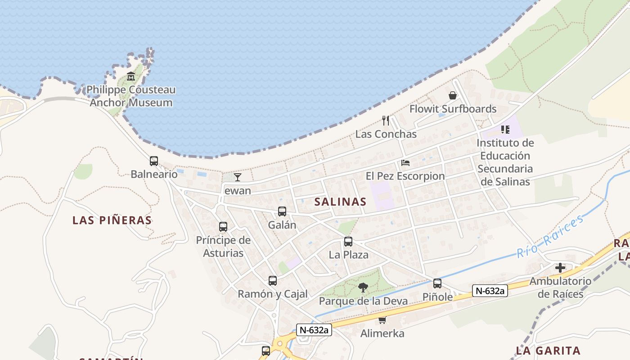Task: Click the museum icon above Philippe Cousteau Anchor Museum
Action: (x=131, y=76)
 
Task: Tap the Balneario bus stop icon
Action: (x=154, y=161)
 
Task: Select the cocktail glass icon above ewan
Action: (x=238, y=177)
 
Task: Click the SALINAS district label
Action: (x=340, y=202)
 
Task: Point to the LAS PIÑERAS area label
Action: (x=112, y=220)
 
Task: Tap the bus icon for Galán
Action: (x=282, y=211)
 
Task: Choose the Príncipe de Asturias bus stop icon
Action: (x=223, y=227)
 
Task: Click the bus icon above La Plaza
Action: (x=348, y=242)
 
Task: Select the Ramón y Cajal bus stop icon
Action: (x=273, y=281)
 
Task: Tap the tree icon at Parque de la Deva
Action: (x=363, y=288)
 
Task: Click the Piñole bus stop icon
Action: (x=437, y=283)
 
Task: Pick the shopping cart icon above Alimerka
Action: (x=382, y=320)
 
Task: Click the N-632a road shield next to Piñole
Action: (x=490, y=291)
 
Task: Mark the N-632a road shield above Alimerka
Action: (x=314, y=330)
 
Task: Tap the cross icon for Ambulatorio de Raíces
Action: (x=560, y=268)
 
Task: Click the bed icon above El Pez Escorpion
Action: (x=405, y=163)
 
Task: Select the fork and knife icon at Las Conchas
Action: (x=386, y=120)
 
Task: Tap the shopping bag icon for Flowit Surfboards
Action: (x=453, y=95)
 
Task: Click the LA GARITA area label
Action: (x=548, y=351)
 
